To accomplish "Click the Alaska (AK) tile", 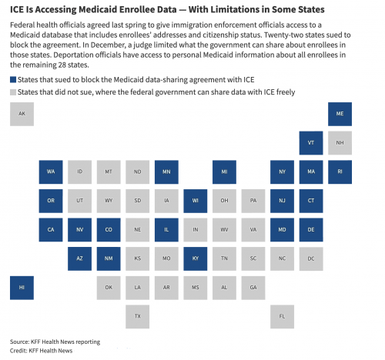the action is (x=22, y=114).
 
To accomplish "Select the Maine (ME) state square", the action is (x=340, y=114).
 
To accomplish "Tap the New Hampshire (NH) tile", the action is (x=340, y=143).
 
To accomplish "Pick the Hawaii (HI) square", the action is (x=22, y=288).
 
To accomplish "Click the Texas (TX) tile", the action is (x=137, y=317).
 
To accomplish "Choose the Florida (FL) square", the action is (x=282, y=317).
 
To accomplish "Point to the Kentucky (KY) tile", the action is (x=196, y=258).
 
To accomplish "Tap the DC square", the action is (x=311, y=258).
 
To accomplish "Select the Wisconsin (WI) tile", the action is (x=196, y=201).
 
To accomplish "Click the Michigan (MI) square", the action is (x=224, y=172).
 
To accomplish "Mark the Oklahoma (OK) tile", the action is (x=109, y=288).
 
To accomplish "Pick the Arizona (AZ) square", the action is (x=79, y=258).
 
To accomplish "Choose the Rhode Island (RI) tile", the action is (x=340, y=172).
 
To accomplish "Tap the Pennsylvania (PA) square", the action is (x=253, y=201).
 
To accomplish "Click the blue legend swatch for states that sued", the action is (x=13, y=80).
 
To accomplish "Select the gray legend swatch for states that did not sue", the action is (x=13, y=92).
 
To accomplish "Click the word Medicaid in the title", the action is (x=98, y=9).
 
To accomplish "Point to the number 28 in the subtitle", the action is (x=62, y=65).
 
